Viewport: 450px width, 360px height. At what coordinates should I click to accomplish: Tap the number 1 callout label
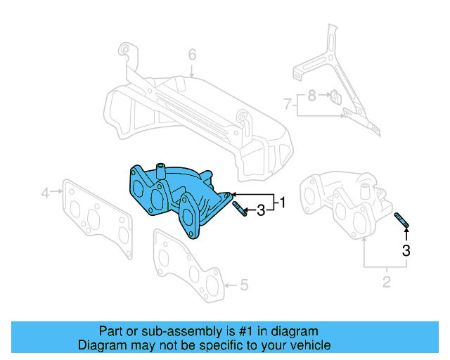pyautogui.click(x=283, y=203)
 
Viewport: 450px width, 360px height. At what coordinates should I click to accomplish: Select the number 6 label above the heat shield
pyautogui.click(x=191, y=54)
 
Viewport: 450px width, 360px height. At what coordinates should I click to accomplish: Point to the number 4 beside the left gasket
pyautogui.click(x=44, y=192)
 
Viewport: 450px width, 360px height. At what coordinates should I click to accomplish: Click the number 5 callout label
pyautogui.click(x=244, y=285)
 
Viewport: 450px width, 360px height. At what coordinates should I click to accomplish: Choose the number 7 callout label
pyautogui.click(x=287, y=104)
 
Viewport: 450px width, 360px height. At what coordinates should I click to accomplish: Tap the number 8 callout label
pyautogui.click(x=311, y=93)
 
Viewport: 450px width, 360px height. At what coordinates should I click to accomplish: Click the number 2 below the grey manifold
pyautogui.click(x=386, y=283)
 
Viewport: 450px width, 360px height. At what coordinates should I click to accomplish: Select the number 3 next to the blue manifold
pyautogui.click(x=260, y=210)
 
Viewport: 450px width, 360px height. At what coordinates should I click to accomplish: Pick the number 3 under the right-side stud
pyautogui.click(x=406, y=250)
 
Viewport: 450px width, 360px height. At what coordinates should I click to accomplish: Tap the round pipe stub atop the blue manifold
pyautogui.click(x=160, y=169)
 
